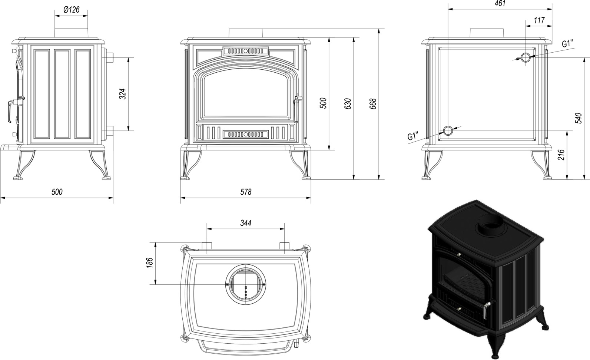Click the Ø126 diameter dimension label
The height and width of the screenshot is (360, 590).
pos(72,10)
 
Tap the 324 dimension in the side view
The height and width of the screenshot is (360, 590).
pos(124,94)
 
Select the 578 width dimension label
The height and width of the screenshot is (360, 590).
pos(245,192)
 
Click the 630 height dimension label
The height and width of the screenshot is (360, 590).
pos(347,104)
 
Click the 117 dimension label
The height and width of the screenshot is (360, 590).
pos(539,20)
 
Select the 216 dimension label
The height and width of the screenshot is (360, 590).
pos(561,155)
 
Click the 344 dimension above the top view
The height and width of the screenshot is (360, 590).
pos(245,223)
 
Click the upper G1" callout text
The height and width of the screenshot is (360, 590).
pos(567,44)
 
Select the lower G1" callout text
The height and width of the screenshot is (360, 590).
pos(413,136)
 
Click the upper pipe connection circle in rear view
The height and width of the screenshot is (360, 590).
pos(526,58)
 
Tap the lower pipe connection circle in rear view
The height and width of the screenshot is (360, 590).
pos(448,131)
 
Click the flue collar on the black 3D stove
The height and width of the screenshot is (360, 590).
pos(491,226)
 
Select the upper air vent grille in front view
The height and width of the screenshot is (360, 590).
pos(245,50)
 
